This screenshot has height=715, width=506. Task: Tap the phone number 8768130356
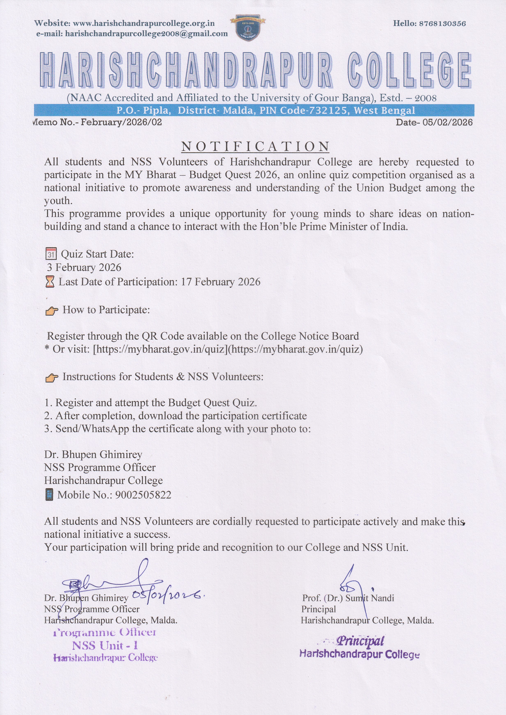pos(442,23)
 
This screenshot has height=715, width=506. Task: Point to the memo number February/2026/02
pos(122,122)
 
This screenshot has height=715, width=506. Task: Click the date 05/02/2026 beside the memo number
pos(447,122)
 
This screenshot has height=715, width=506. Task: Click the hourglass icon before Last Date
pos(50,282)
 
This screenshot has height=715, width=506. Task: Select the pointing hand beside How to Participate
pos(52,310)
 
